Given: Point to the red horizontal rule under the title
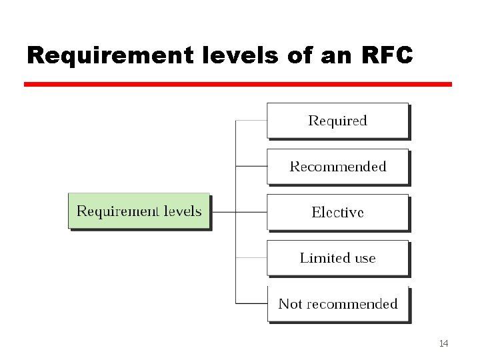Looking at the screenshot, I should tap(238, 85).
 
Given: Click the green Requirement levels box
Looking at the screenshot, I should tap(139, 211).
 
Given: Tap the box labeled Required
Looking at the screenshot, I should tap(337, 121).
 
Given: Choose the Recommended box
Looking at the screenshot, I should tap(337, 167).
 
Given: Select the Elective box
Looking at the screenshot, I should tap(337, 213).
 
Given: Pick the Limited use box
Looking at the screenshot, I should tap(337, 258).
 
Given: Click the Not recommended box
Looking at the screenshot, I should tap(337, 304).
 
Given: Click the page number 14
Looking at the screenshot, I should tap(443, 343).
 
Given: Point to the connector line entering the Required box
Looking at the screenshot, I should tap(251, 121).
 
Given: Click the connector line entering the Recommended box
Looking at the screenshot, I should tap(251, 167).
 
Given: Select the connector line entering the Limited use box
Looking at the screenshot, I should tap(251, 258).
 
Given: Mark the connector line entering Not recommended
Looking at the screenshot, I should tap(251, 304).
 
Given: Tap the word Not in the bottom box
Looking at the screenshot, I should tap(290, 304).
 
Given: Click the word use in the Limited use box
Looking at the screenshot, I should tap(364, 258).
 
